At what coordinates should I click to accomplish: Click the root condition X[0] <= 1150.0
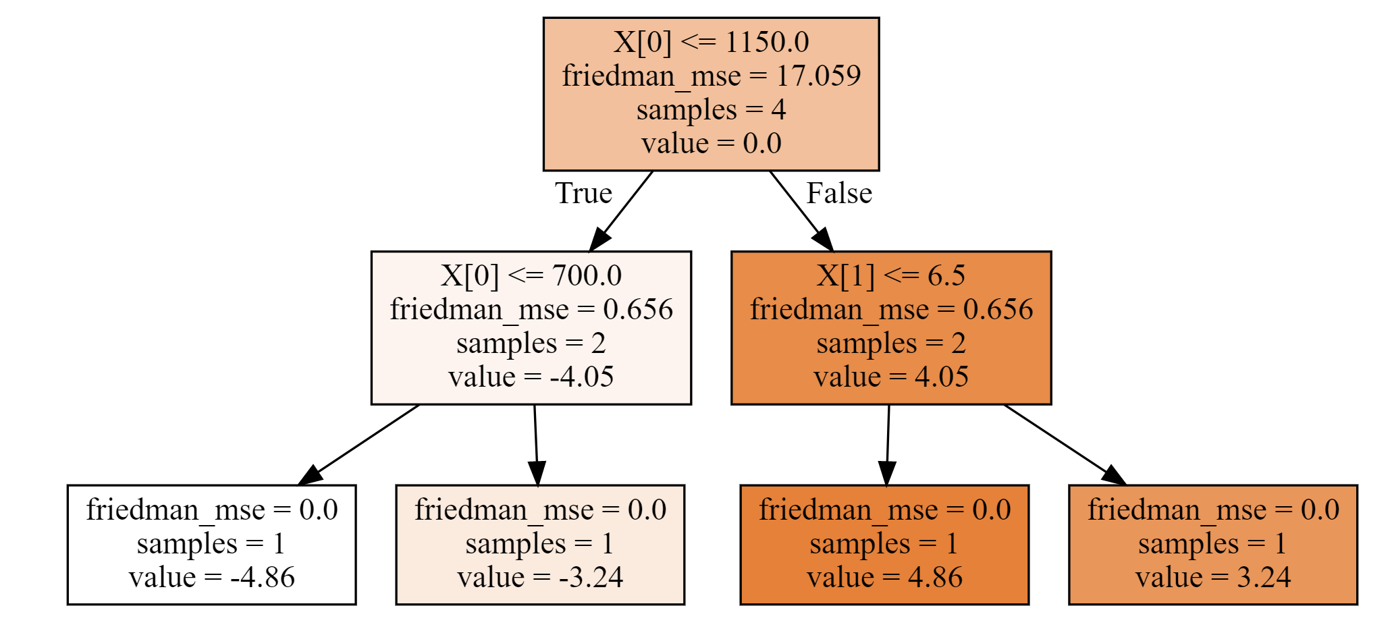711,42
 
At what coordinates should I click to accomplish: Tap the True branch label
583,194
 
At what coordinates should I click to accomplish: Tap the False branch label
839,194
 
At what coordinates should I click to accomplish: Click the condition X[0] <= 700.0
531,275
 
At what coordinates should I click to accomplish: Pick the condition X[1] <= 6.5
891,275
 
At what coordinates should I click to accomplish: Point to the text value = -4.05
531,377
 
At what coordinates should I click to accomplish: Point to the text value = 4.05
891,377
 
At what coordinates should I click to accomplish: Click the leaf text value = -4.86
211,577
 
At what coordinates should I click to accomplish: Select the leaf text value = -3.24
540,577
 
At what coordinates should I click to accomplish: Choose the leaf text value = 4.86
884,577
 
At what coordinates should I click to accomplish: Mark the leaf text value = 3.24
1213,577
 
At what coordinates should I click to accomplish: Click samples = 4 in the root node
711,109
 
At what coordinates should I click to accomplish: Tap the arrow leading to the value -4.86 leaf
358,445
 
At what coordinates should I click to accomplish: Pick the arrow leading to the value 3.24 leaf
1065,445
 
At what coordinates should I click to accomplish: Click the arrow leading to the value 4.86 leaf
887,445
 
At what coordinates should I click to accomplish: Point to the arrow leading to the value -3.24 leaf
536,445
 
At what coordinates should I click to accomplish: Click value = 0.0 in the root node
711,143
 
